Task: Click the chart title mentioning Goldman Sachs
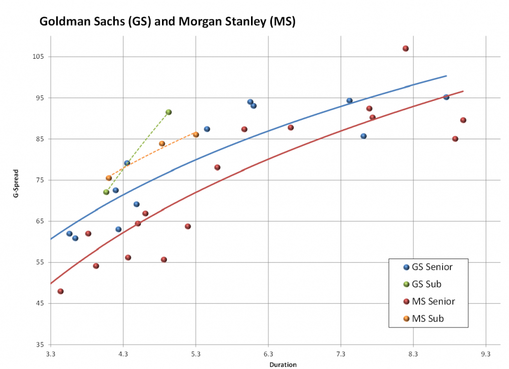pos(167,22)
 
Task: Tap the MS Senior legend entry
pos(433,301)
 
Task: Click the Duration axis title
pos(283,365)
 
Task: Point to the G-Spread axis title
pos(16,200)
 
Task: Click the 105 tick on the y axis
pos(39,57)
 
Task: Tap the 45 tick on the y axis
pos(40,304)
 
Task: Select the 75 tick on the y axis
pos(40,180)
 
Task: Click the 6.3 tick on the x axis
pos(268,354)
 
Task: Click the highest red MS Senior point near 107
pos(406,48)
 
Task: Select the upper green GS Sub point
pos(169,112)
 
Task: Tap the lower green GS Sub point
pos(106,192)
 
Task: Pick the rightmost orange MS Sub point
pos(196,135)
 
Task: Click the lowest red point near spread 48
pos(61,291)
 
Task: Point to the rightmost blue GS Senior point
pos(446,97)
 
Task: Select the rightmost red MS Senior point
pos(463,120)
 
